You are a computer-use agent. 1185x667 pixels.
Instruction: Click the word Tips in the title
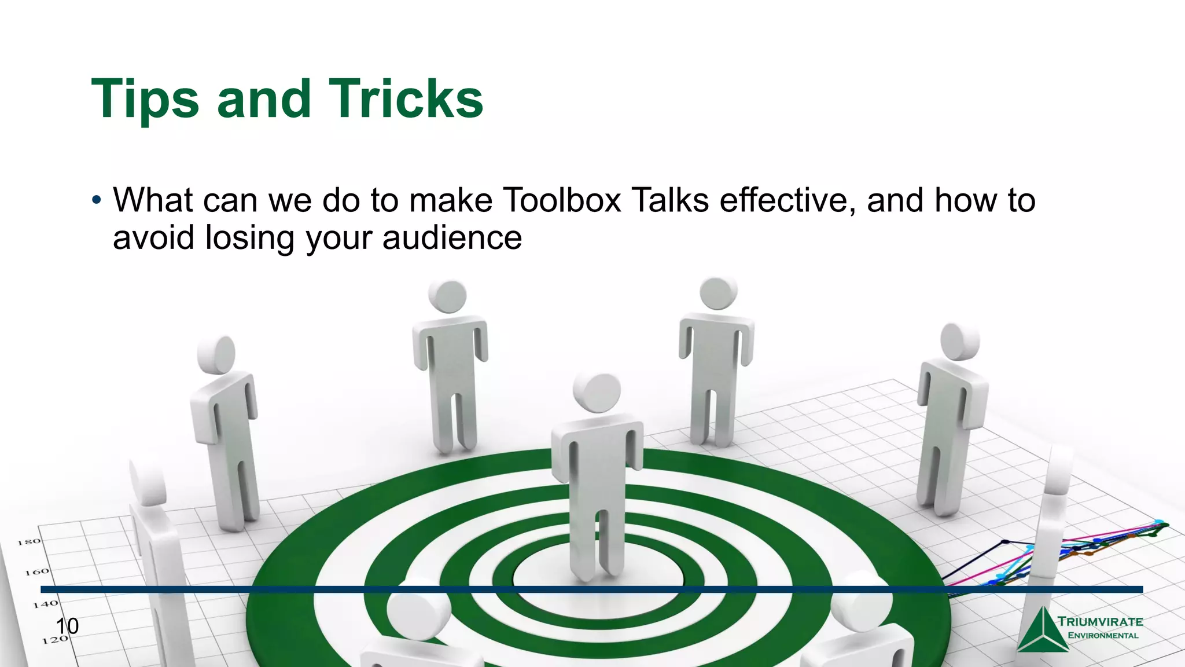[x=145, y=100]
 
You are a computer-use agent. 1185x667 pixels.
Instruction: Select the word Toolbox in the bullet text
[x=562, y=200]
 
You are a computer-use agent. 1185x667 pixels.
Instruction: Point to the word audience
[x=452, y=237]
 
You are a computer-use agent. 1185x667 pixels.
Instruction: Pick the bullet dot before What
[x=97, y=201]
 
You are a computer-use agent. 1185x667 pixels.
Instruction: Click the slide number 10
[x=67, y=626]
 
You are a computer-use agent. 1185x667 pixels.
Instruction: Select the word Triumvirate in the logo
[x=1100, y=622]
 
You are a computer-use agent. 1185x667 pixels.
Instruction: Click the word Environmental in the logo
[x=1103, y=635]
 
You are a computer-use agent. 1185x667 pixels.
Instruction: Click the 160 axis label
[x=37, y=572]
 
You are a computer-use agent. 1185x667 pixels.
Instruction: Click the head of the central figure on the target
[x=597, y=393]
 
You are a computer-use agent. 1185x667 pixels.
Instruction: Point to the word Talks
[x=670, y=200]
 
